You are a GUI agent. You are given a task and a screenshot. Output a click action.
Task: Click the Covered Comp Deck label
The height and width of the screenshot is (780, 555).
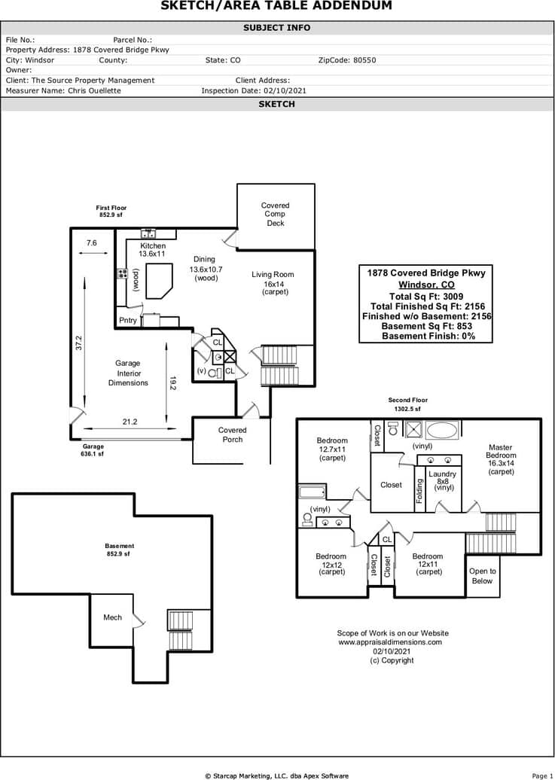(x=275, y=214)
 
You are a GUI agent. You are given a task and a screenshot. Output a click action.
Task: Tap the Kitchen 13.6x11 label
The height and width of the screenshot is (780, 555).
(x=152, y=250)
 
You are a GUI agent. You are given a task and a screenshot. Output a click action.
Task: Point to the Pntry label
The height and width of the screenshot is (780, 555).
(x=128, y=320)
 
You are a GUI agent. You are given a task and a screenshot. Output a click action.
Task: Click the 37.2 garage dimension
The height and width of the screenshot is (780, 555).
(x=78, y=343)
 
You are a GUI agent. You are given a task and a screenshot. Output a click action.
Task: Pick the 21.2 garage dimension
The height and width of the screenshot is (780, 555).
(x=130, y=422)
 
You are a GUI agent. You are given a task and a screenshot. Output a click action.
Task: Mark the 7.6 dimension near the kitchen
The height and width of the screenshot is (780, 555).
(x=91, y=242)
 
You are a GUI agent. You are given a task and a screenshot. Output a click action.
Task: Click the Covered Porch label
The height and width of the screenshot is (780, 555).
(x=232, y=434)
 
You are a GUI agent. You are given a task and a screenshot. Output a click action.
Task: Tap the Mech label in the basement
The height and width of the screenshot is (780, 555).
(x=112, y=617)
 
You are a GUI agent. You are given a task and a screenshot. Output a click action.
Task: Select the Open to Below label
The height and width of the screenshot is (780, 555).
(x=482, y=576)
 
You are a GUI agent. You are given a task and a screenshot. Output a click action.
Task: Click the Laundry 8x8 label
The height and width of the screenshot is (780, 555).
(x=442, y=480)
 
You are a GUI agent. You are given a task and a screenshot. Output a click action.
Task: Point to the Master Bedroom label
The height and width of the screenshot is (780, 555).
(x=501, y=459)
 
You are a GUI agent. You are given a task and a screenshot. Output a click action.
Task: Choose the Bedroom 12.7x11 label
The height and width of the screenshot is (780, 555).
(x=332, y=449)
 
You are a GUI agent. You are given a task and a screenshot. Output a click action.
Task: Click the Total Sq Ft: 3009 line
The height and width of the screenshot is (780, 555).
(x=426, y=297)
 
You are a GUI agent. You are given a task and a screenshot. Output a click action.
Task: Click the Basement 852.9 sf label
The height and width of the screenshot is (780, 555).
(x=119, y=550)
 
